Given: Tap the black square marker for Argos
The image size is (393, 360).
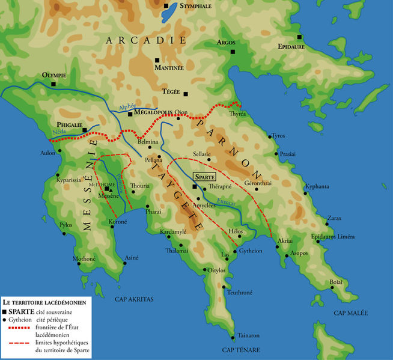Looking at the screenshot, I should (x=230, y=52).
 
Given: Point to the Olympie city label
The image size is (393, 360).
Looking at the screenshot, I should (x=53, y=75).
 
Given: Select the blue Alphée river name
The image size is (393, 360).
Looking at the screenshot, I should (x=127, y=106).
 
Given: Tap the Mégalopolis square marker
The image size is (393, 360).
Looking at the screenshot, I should (x=130, y=114).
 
